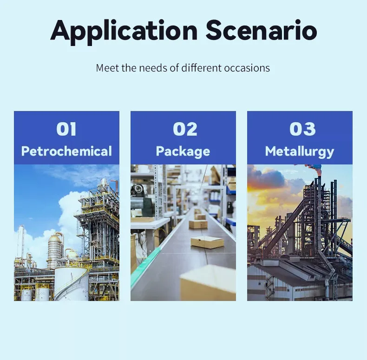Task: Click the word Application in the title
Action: (x=124, y=32)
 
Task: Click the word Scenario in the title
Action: (x=262, y=30)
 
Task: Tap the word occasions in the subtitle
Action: (x=247, y=68)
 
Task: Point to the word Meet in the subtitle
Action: (x=107, y=68)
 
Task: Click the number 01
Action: (x=66, y=129)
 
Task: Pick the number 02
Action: (x=185, y=129)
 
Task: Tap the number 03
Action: (x=302, y=129)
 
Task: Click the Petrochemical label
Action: (x=66, y=151)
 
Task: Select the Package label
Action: (x=183, y=151)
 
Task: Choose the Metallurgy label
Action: (x=300, y=151)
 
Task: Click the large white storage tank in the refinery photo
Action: (x=72, y=284)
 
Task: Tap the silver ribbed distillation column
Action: (x=54, y=250)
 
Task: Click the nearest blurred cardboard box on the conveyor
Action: (x=208, y=283)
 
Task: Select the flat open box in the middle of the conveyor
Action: (x=207, y=242)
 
